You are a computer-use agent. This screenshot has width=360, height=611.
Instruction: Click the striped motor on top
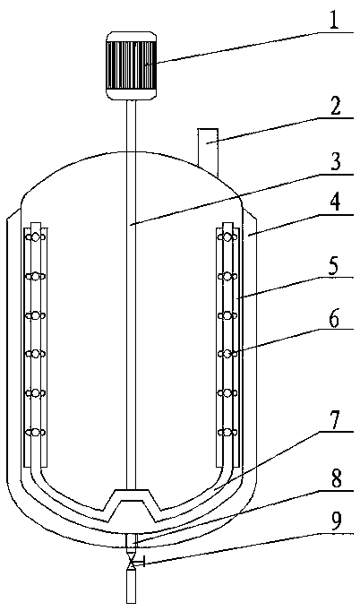click(x=132, y=66)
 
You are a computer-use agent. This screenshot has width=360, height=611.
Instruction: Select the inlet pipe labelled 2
click(x=208, y=151)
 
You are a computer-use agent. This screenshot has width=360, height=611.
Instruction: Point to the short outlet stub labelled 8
click(x=133, y=542)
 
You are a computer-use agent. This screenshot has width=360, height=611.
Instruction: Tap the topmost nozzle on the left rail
click(x=36, y=237)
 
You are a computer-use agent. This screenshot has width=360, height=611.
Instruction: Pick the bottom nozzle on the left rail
click(x=36, y=433)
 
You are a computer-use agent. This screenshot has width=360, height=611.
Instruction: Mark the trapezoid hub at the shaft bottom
click(x=133, y=505)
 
